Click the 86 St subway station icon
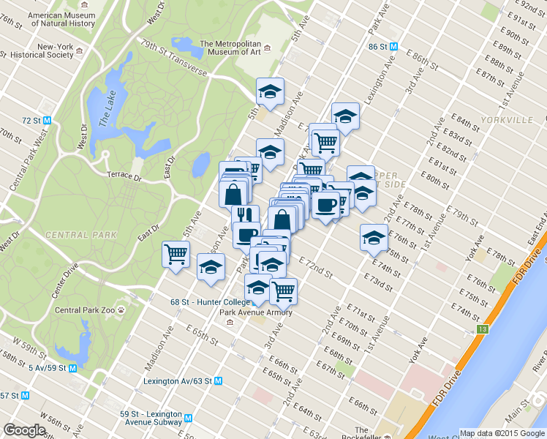point(393,45)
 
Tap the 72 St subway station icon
point(48,120)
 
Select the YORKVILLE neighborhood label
point(507,119)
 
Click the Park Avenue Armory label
point(256,312)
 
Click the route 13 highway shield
point(482,330)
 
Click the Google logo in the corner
point(24,430)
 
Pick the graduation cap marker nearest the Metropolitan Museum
point(270,91)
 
